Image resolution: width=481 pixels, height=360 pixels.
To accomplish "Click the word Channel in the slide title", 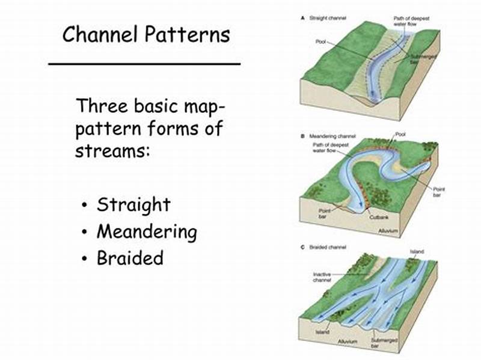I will (103, 34).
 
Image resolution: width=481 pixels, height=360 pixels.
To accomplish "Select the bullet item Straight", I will (133, 204).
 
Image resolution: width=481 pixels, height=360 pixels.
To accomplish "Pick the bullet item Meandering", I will (147, 231).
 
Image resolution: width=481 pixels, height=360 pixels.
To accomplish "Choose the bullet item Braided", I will (130, 258).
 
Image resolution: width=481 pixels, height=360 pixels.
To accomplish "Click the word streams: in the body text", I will (112, 150).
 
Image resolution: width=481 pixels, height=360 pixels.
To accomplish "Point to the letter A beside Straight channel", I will (302, 19).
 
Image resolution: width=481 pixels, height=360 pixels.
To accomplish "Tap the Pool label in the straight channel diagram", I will (320, 42).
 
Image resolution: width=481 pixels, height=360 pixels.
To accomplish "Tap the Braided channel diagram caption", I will (328, 247).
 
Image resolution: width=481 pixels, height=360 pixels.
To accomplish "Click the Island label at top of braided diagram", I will (417, 251).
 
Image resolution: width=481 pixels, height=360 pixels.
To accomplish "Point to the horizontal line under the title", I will (144, 63).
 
